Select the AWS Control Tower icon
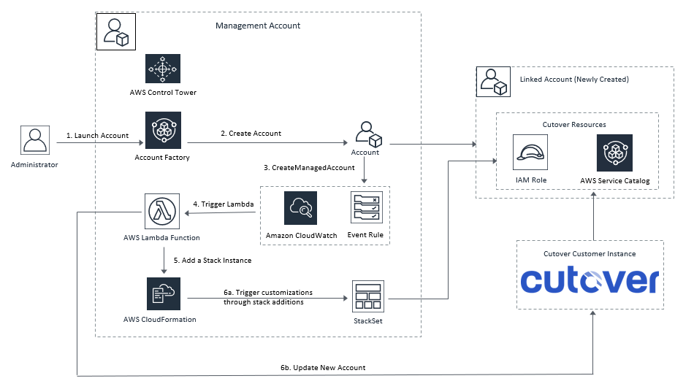163,71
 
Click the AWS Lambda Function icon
162,212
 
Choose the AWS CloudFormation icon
163,293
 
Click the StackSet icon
367,298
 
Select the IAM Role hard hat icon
530,153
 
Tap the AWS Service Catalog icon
614,152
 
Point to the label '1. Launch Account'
97,136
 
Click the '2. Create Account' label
251,134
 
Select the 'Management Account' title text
257,26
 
